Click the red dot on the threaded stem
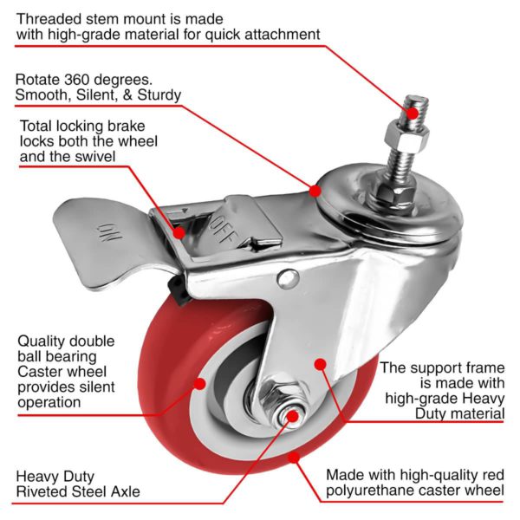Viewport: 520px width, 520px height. pos(413,113)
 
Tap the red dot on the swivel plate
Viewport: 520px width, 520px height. pos(315,191)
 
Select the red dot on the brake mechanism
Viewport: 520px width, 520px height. pos(179,232)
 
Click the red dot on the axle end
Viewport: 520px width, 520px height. pos(293,416)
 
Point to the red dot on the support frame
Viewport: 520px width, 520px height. pos(320,364)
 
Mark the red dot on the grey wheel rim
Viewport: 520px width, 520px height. pos(199,384)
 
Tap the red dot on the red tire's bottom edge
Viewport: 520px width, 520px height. pos(294,458)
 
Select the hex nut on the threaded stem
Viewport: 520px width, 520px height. pos(407,137)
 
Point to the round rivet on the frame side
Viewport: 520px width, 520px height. pos(289,278)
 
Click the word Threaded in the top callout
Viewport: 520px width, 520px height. pos(49,19)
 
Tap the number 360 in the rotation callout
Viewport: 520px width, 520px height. pos(78,80)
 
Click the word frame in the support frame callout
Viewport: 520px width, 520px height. pos(485,367)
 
